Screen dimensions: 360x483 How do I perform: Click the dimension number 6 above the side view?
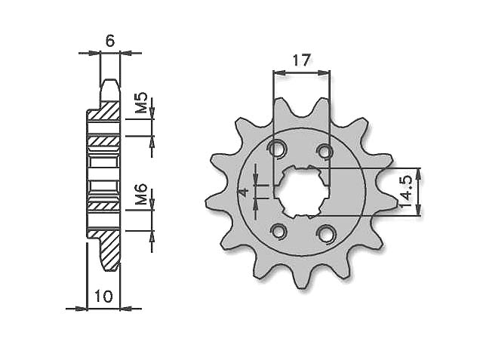tap(110, 42)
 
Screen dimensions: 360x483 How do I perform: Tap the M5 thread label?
tap(141, 104)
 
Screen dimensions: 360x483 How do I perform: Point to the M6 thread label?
tap(141, 198)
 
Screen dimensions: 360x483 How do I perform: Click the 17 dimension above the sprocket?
tap(302, 60)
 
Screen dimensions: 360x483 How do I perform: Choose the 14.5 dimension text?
tap(406, 192)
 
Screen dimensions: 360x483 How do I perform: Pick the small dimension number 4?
tap(243, 192)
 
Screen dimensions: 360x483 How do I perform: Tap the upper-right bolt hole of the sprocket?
tap(325, 152)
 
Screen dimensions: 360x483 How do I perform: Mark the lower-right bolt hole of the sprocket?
tap(326, 233)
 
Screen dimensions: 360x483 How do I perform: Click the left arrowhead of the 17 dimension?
tap(276, 73)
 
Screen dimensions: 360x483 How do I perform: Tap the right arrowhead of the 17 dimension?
tap(327, 73)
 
